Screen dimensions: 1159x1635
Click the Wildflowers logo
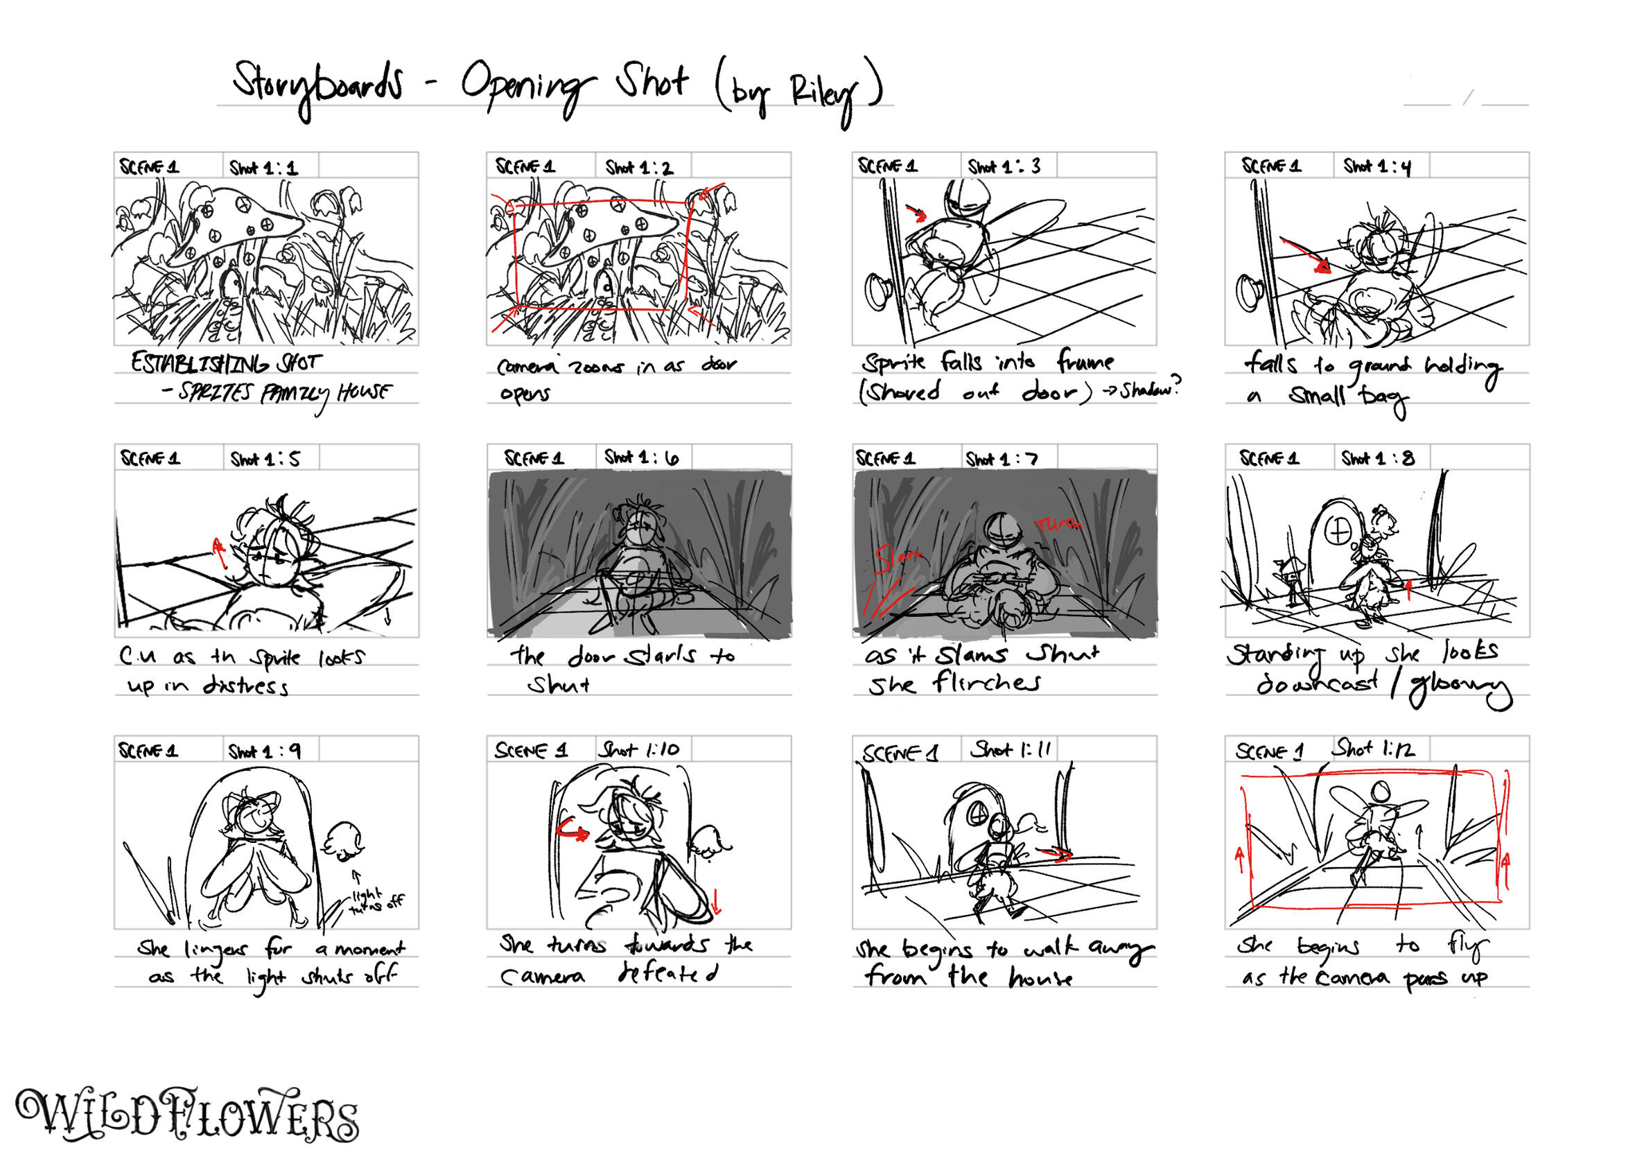click(187, 1115)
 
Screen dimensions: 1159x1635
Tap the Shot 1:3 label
click(1004, 167)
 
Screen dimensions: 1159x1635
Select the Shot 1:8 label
click(1376, 458)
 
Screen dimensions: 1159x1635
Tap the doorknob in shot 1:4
click(1249, 293)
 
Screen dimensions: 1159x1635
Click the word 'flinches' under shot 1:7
click(986, 683)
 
